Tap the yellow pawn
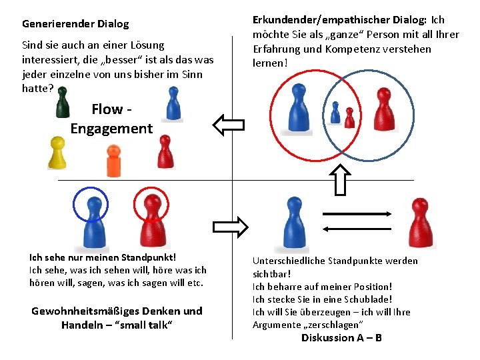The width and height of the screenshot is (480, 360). (x=57, y=153)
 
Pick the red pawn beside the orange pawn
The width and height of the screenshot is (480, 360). (x=165, y=152)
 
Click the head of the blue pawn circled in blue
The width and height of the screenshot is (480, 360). (x=90, y=204)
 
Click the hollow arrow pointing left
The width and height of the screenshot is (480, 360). (x=228, y=123)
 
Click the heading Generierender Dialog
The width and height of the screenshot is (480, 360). (x=75, y=24)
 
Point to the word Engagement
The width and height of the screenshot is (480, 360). (x=111, y=129)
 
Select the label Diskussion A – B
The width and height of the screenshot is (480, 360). (x=341, y=338)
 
